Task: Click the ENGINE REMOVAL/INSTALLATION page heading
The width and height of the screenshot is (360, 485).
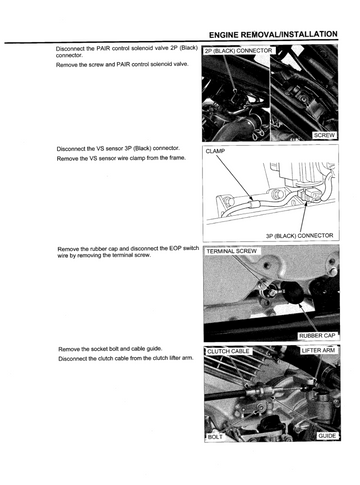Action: pyautogui.click(x=273, y=35)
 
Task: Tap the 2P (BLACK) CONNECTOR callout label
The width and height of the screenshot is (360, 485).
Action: pyautogui.click(x=238, y=51)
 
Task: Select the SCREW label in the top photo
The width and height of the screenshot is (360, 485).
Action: pyautogui.click(x=324, y=135)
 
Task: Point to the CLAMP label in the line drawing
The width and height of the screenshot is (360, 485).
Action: pyautogui.click(x=215, y=151)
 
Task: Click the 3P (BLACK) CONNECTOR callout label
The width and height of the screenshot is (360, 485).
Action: pyautogui.click(x=299, y=236)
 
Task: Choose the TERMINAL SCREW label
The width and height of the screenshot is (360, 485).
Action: pyautogui.click(x=232, y=251)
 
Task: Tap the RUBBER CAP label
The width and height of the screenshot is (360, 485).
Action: pyautogui.click(x=317, y=335)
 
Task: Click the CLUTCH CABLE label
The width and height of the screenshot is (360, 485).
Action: pyautogui.click(x=228, y=352)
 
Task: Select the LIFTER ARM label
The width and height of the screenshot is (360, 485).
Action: pyautogui.click(x=318, y=351)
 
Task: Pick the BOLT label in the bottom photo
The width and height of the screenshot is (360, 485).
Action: pyautogui.click(x=215, y=436)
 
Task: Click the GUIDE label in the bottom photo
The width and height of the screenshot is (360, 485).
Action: pyautogui.click(x=327, y=436)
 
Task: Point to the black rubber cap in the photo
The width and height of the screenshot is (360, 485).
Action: pyautogui.click(x=292, y=292)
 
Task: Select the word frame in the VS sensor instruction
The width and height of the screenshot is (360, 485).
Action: pyautogui.click(x=178, y=158)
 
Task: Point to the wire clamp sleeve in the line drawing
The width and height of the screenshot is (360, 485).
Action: pyautogui.click(x=252, y=202)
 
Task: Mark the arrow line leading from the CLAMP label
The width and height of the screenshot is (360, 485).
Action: pyautogui.click(x=233, y=178)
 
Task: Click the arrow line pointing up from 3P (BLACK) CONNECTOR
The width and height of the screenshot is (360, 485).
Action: pyautogui.click(x=303, y=217)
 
